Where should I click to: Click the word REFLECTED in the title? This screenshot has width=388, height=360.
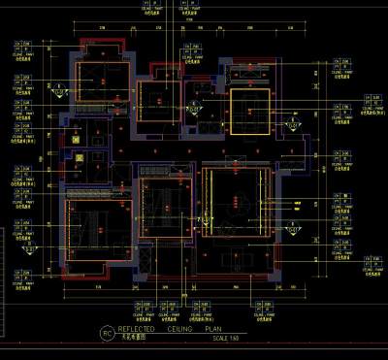pyautogui.click(x=136, y=331)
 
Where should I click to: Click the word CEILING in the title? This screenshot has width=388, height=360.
pyautogui.click(x=179, y=331)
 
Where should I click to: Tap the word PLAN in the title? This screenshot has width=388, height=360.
pyautogui.click(x=215, y=331)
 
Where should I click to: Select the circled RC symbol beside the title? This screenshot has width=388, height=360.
pyautogui.click(x=107, y=334)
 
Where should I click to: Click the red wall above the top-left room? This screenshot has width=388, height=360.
pyautogui.click(x=102, y=40)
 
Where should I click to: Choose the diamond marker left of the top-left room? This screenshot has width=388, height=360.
pyautogui.click(x=62, y=93)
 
